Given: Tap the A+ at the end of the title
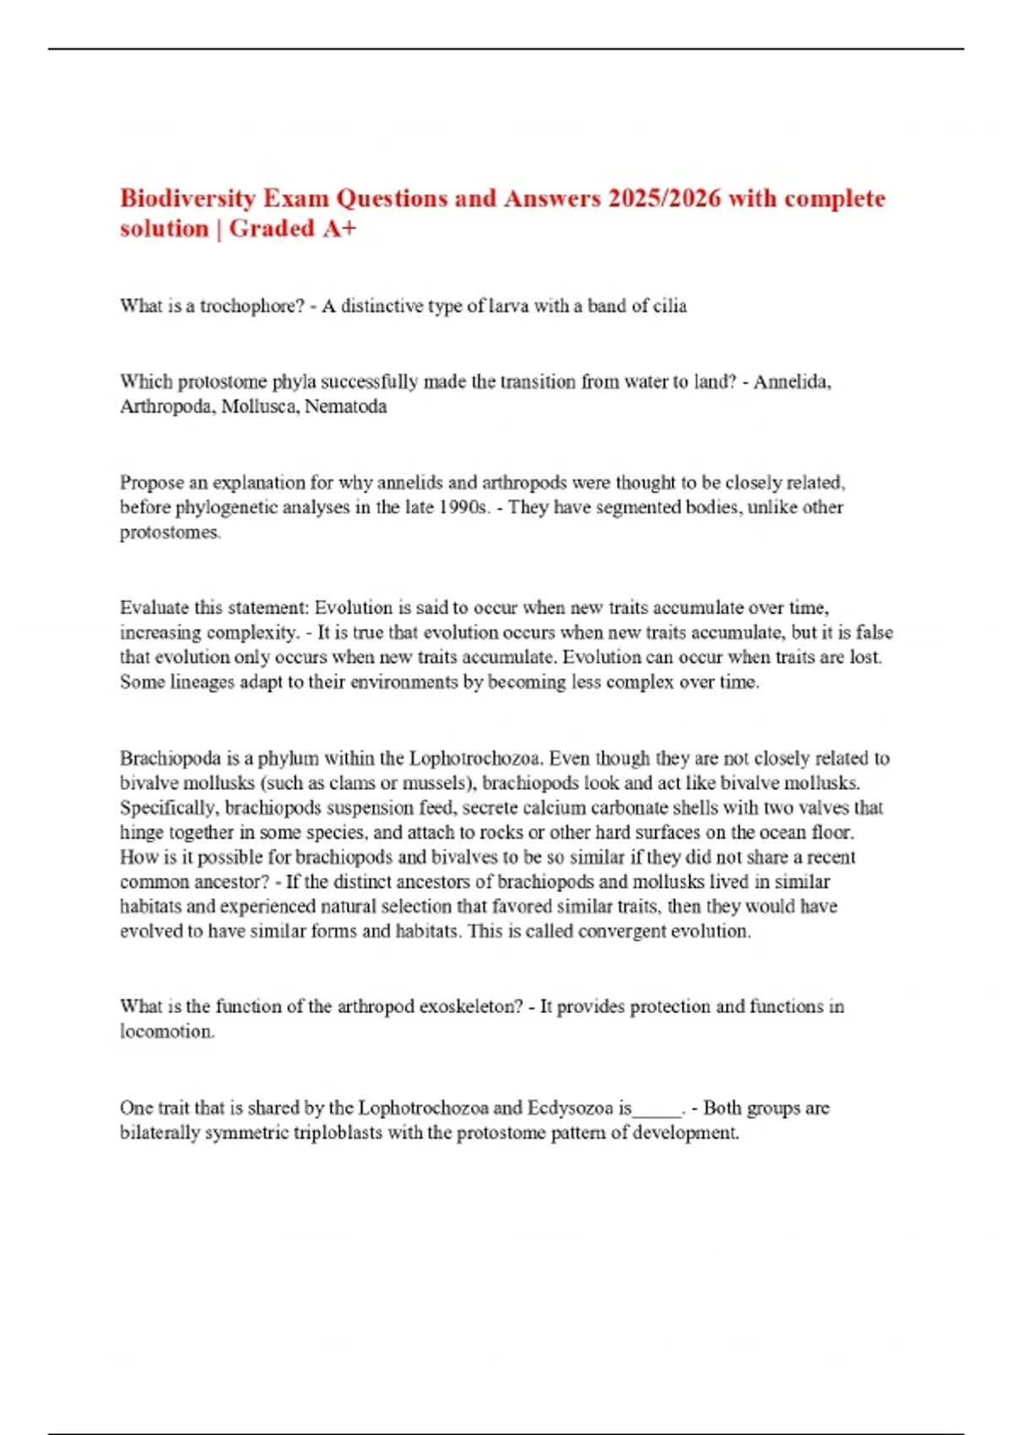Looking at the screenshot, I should point(338,229).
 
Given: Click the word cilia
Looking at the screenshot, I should point(670,306).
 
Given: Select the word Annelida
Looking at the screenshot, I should point(791,382).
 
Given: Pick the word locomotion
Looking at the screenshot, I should point(166,1031).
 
